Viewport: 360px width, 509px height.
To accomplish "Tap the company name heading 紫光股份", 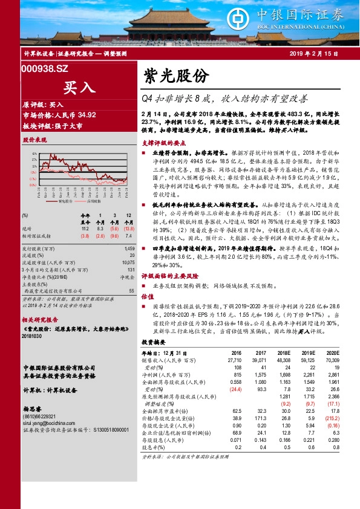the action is tap(176, 76).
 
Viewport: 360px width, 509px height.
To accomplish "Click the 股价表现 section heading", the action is tap(34, 140).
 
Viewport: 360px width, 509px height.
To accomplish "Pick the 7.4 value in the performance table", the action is tap(129, 227).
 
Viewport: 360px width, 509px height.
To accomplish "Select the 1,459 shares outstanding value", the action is tap(128, 249).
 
